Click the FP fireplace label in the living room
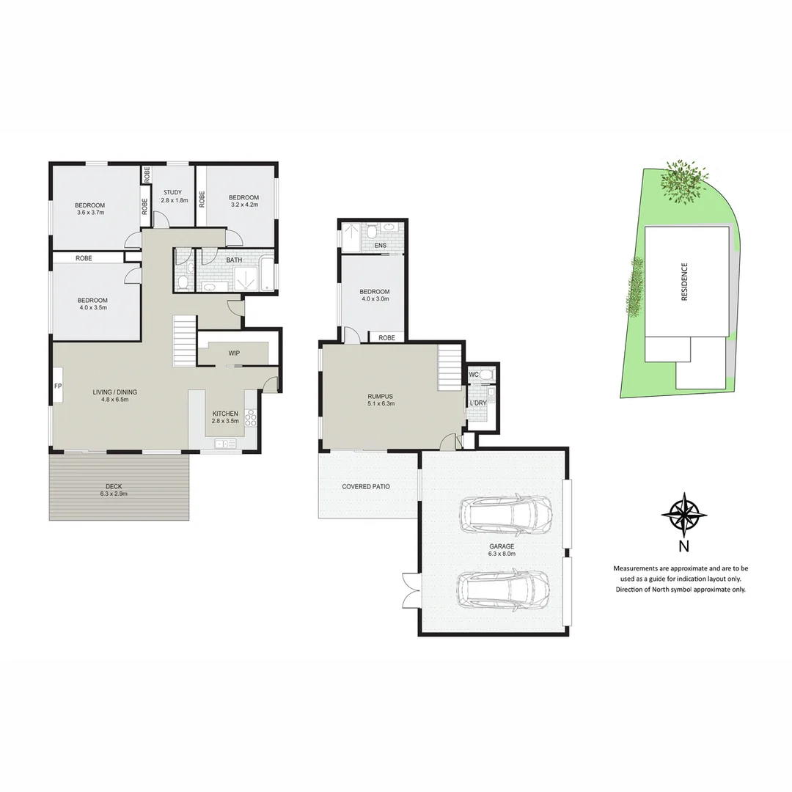[x=57, y=386]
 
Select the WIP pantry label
[x=234, y=353]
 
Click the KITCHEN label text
[x=225, y=414]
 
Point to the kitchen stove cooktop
[x=251, y=418]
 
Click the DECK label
[x=114, y=486]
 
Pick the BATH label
[x=234, y=260]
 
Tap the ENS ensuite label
[x=380, y=246]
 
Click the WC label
[x=474, y=375]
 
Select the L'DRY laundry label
[x=478, y=403]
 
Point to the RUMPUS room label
[x=381, y=397]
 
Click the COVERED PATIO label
[x=366, y=487]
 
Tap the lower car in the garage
[x=504, y=589]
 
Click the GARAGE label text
[x=502, y=546]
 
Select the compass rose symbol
[x=683, y=514]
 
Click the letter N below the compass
[x=683, y=546]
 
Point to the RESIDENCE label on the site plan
[x=684, y=282]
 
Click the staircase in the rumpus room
[x=449, y=369]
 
